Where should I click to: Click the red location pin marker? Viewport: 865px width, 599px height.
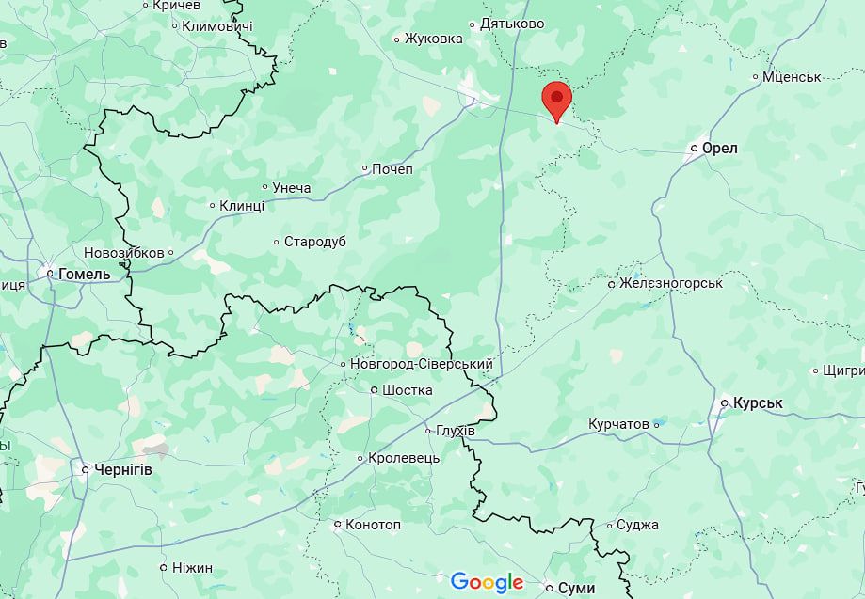[x=557, y=100]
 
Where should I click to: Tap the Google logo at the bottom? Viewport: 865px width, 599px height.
[x=487, y=582]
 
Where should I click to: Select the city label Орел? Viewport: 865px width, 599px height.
[x=719, y=149]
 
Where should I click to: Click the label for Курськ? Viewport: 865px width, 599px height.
[x=758, y=402]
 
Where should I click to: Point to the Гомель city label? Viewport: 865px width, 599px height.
[x=84, y=274]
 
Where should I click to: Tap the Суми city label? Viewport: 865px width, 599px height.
[x=576, y=588]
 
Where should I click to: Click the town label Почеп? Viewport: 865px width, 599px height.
[x=392, y=169]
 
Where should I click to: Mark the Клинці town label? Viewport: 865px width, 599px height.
[x=241, y=206]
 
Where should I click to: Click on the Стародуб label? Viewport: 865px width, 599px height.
[x=314, y=242]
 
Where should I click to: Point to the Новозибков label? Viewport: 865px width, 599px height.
[x=123, y=253]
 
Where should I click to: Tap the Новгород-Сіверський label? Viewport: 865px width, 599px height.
[x=421, y=364]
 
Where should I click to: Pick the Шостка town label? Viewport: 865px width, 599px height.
[x=408, y=390]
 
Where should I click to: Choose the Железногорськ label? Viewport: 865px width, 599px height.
[x=670, y=283]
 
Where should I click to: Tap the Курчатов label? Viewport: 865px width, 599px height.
[x=618, y=424]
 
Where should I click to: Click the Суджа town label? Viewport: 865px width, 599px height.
[x=637, y=525]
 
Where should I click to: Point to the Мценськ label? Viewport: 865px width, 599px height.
[x=792, y=76]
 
